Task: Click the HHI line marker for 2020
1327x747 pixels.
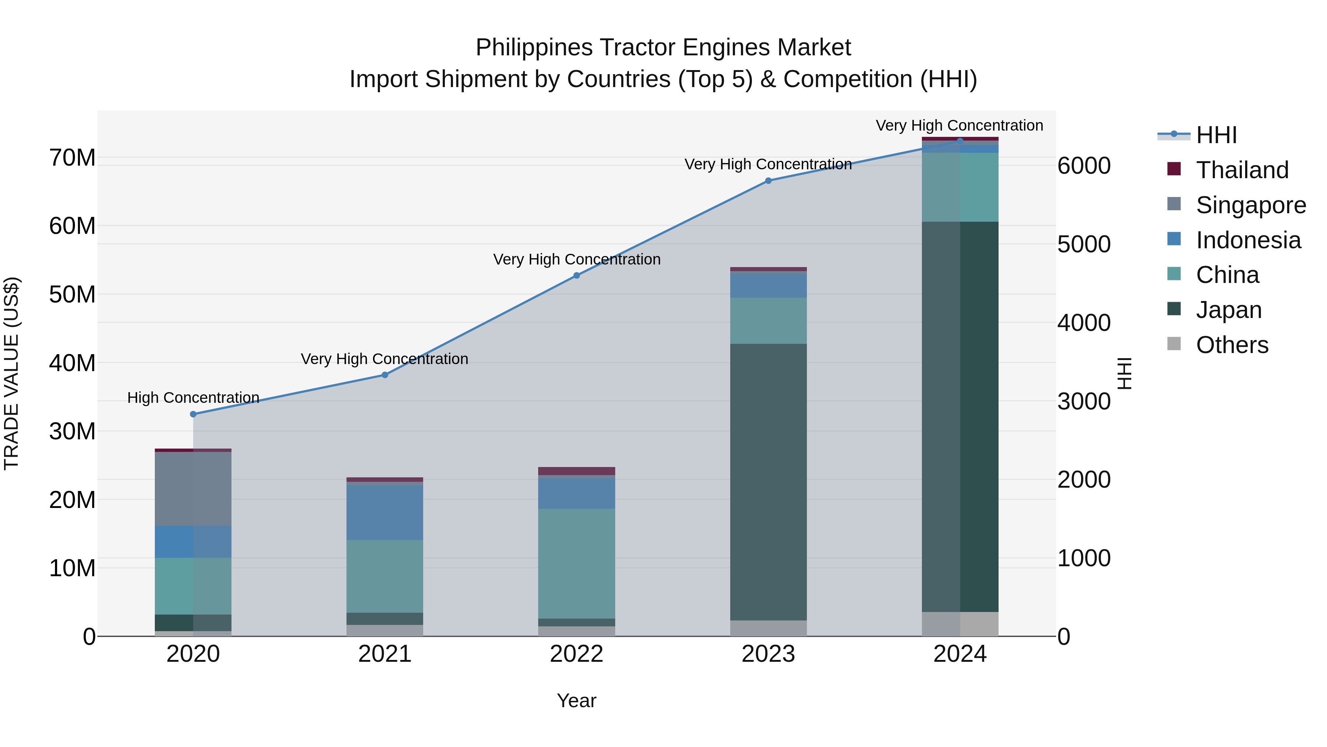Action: tap(193, 414)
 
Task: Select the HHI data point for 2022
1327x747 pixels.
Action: tap(577, 275)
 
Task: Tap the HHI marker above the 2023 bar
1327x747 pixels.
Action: tap(768, 180)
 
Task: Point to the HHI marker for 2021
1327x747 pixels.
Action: tap(385, 375)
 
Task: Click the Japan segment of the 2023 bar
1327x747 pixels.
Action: tap(768, 482)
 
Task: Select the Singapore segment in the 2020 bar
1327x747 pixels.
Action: tap(193, 489)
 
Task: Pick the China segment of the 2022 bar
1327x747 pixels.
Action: tap(577, 563)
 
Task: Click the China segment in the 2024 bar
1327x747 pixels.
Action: tap(960, 187)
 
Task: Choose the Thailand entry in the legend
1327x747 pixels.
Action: tap(1242, 170)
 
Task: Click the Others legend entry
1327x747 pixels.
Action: tap(1232, 345)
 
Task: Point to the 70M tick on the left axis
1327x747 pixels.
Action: tap(72, 158)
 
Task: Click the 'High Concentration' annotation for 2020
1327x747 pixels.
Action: tap(193, 397)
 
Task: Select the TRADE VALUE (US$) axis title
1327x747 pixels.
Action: tap(11, 373)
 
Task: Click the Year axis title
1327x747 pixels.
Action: tap(577, 701)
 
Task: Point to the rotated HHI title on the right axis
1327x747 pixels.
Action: tap(1125, 373)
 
